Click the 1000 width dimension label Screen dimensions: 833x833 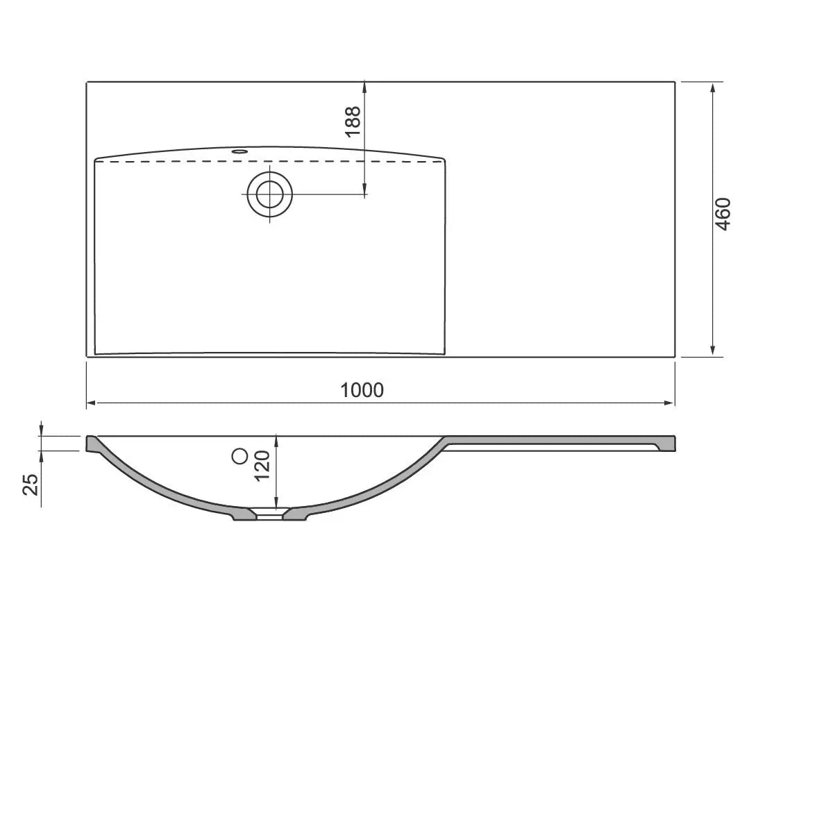click(x=362, y=390)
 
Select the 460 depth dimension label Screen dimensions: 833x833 click(x=723, y=214)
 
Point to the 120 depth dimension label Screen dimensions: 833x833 click(x=262, y=465)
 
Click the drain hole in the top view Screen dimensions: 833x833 click(x=269, y=194)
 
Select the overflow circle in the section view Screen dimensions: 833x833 click(x=239, y=456)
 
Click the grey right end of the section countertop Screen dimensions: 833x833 click(x=668, y=443)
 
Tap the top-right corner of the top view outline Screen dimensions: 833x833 click(x=675, y=82)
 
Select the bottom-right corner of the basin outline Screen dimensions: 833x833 click(x=443, y=354)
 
